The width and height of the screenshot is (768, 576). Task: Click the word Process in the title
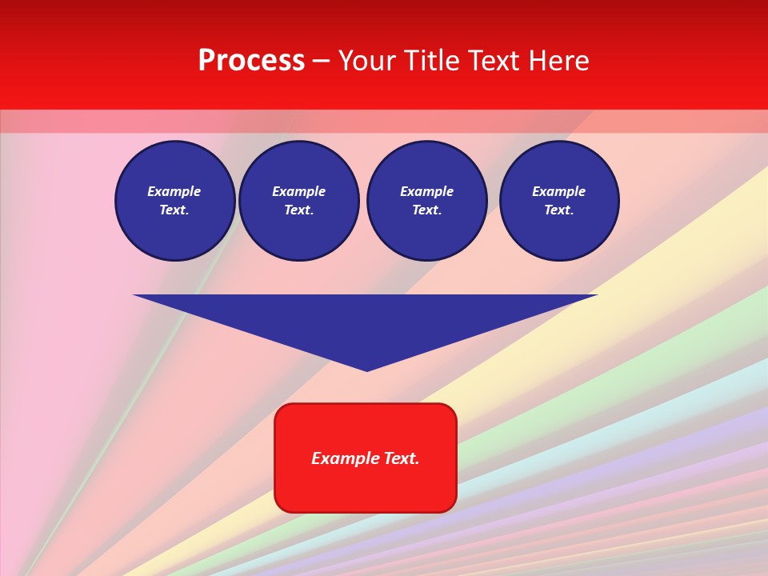(251, 61)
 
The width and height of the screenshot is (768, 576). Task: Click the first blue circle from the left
(174, 201)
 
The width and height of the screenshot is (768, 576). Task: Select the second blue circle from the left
(298, 201)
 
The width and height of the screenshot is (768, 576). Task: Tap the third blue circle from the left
(426, 201)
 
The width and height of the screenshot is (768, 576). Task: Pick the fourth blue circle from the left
(558, 201)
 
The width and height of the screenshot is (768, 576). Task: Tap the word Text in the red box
(401, 458)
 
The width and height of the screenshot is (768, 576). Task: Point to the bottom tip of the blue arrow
(366, 370)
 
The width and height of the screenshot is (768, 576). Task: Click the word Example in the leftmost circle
(174, 191)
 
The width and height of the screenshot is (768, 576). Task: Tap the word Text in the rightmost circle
(558, 210)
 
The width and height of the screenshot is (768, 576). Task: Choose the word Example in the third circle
(426, 191)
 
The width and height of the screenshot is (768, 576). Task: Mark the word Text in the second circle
(298, 210)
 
